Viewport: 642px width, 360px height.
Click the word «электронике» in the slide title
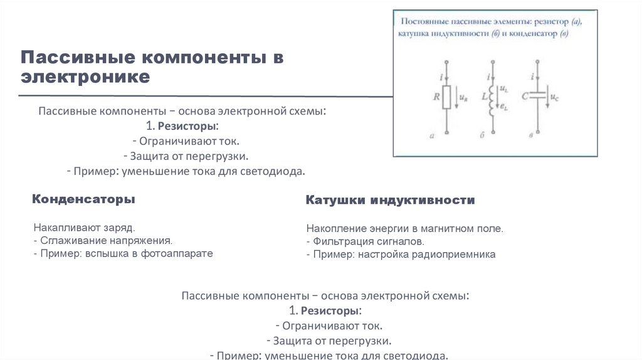click(x=85, y=77)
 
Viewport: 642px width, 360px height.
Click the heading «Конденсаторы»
click(x=83, y=199)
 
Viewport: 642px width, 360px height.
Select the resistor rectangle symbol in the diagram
click(x=446, y=97)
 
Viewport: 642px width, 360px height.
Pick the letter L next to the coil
click(x=482, y=98)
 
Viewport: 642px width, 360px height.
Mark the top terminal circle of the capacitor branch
click(x=538, y=62)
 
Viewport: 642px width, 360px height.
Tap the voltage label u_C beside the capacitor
click(x=554, y=98)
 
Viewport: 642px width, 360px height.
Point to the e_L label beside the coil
click(x=502, y=107)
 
